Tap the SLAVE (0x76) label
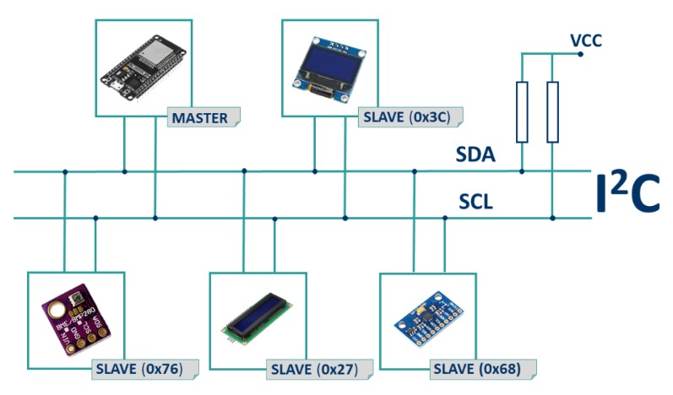click(144, 370)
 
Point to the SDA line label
click(475, 155)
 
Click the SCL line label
click(475, 203)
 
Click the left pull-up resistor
click(522, 112)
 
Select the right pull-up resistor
click(552, 112)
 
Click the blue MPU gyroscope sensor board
click(429, 322)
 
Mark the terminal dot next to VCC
click(581, 54)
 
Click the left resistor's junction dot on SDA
click(522, 171)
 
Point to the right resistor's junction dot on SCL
click(552, 219)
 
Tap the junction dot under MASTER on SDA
click(125, 171)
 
